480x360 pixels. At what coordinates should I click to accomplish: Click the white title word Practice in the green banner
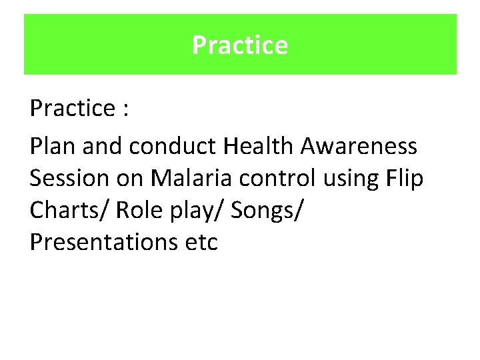coord(240,45)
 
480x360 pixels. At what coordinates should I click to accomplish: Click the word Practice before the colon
coord(72,109)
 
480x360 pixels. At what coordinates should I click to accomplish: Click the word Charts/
coord(69,210)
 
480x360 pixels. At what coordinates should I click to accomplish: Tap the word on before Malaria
coord(131,178)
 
